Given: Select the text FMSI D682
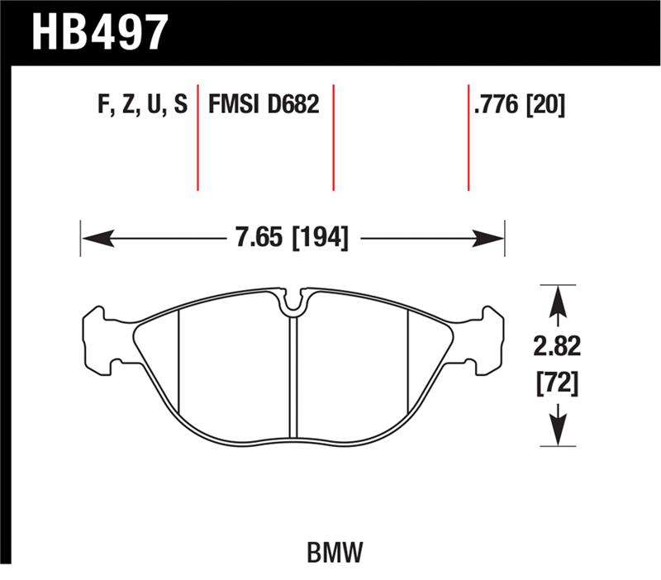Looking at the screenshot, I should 264,106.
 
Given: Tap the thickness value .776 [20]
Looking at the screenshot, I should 519,106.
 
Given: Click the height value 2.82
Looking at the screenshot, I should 558,347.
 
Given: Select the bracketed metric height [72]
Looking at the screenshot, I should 558,383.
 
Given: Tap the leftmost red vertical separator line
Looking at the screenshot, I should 198,136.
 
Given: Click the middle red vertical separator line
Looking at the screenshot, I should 333,136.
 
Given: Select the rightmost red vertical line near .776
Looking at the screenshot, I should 468,136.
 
